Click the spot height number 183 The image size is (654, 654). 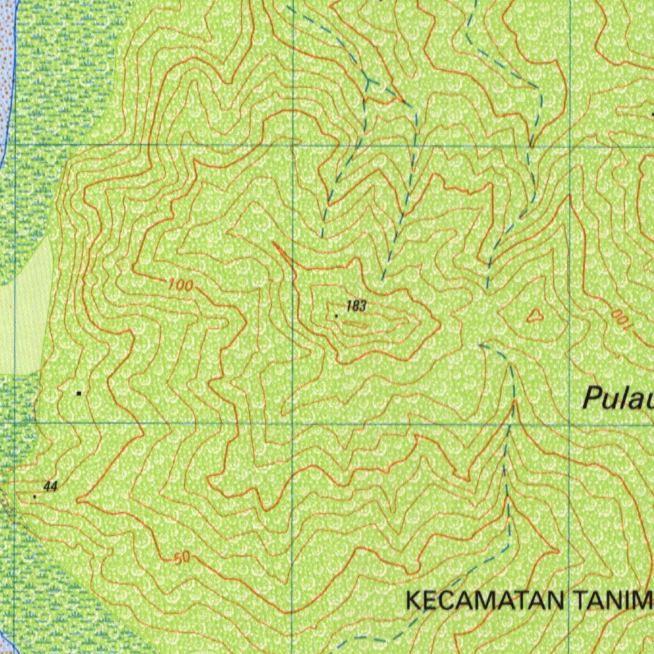pyautogui.click(x=356, y=307)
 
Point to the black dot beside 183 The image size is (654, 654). pyautogui.click(x=337, y=316)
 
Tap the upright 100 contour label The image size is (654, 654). pyautogui.click(x=181, y=285)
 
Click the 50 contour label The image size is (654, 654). pyautogui.click(x=182, y=558)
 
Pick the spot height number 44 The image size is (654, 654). pyautogui.click(x=51, y=487)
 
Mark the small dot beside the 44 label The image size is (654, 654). pyautogui.click(x=34, y=496)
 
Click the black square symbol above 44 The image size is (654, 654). pyautogui.click(x=79, y=393)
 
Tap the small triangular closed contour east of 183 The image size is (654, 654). pyautogui.click(x=535, y=314)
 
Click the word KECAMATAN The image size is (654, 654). pyautogui.click(x=485, y=601)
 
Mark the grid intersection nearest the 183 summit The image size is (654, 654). pyautogui.click(x=293, y=146)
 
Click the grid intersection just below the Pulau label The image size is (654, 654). pyautogui.click(x=570, y=423)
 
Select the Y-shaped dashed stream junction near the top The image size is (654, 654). pyautogui.click(x=369, y=82)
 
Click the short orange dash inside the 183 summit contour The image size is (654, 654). pyautogui.click(x=355, y=324)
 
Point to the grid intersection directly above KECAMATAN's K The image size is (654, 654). pyautogui.click(x=293, y=423)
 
